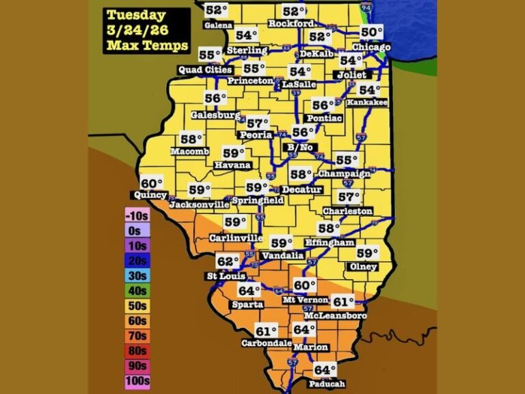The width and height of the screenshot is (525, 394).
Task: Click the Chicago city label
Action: coord(371,47)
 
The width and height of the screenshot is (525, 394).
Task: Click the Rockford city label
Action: coord(291,24)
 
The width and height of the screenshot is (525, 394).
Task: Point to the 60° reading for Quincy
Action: coord(152,183)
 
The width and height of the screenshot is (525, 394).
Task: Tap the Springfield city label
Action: coord(258,200)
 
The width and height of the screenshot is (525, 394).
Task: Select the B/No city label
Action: coord(300,146)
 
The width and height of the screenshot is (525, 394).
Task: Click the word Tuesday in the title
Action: coord(136,15)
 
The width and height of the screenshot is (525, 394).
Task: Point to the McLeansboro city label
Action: coord(335,315)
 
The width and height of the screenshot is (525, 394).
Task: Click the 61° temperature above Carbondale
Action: coord(267,331)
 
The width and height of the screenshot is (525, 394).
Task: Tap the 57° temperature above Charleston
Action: coord(349,197)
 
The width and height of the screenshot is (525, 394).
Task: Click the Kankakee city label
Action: coord(367,103)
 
